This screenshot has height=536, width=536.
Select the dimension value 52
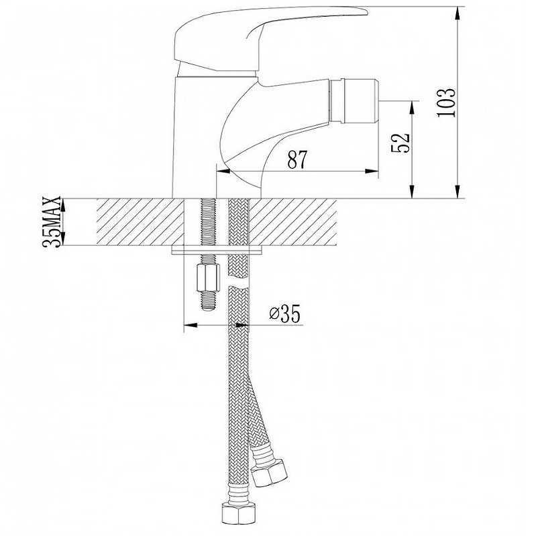tap(403, 142)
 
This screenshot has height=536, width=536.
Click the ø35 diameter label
tap(284, 312)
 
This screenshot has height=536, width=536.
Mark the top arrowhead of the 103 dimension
tap(458, 11)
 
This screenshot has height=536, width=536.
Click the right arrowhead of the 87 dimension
tap(374, 172)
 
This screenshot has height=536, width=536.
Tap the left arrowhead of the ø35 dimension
tap(189, 326)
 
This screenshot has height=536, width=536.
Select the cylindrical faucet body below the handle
tap(195, 134)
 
